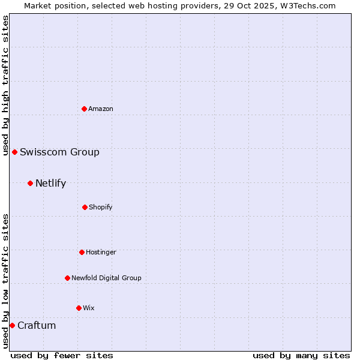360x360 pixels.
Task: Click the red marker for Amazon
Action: (84, 109)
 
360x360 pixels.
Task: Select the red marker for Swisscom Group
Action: (14, 152)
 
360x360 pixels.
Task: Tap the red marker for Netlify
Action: (30, 183)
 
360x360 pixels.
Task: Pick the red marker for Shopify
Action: (85, 207)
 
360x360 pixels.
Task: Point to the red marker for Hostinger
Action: (82, 252)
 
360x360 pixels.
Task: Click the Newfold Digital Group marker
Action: (67, 278)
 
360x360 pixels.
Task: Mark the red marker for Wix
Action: (79, 308)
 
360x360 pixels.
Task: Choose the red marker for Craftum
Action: (12, 325)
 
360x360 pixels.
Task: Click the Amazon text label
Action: (101, 109)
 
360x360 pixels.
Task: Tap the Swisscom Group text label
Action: (59, 152)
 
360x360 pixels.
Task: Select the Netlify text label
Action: (50, 183)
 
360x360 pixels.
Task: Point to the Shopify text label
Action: (101, 207)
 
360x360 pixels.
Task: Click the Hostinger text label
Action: (101, 252)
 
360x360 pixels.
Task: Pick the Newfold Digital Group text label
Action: (106, 278)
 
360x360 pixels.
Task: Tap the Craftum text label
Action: (37, 325)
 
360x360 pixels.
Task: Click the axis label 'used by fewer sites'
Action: (62, 355)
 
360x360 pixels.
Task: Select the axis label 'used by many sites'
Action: (301, 355)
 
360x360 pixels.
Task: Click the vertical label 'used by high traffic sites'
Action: (5, 85)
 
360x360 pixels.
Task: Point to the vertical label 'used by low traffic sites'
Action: (5, 281)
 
